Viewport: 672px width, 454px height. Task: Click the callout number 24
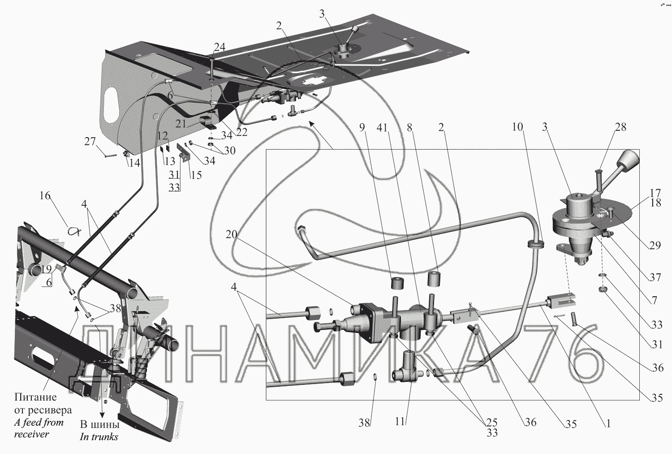pyautogui.click(x=220, y=47)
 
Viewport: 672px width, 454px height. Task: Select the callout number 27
pyautogui.click(x=90, y=142)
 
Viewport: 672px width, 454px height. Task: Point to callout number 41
pyautogui.click(x=382, y=128)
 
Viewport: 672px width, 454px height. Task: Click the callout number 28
pyautogui.click(x=620, y=128)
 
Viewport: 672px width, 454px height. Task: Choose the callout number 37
pyautogui.click(x=655, y=277)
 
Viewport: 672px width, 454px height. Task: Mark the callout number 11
pyautogui.click(x=400, y=421)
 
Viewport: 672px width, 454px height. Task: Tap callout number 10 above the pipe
pyautogui.click(x=517, y=127)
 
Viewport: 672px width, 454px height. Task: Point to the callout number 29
pyautogui.click(x=655, y=245)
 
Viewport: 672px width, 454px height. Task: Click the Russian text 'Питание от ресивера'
pyautogui.click(x=42, y=403)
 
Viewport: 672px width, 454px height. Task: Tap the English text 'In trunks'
pyautogui.click(x=99, y=437)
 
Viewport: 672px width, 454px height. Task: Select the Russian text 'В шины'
pyautogui.click(x=99, y=424)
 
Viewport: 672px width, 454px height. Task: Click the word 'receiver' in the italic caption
pyautogui.click(x=31, y=434)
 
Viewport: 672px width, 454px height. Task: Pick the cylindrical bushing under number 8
pyautogui.click(x=434, y=279)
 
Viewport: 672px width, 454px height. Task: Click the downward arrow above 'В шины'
pyautogui.click(x=102, y=403)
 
